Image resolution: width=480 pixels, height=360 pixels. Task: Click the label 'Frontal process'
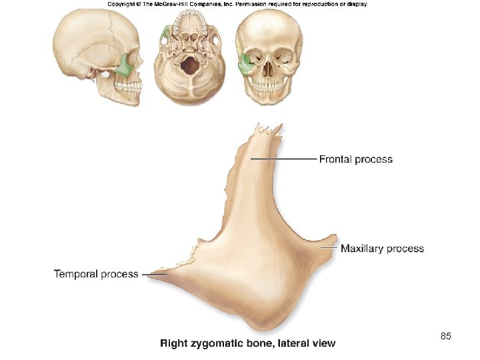tap(356, 159)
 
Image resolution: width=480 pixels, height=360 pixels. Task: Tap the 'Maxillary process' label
tap(382, 249)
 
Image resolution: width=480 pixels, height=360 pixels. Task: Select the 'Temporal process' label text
tap(96, 273)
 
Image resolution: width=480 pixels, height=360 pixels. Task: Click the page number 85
tap(446, 337)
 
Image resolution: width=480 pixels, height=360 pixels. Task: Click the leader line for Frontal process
tap(283, 159)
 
